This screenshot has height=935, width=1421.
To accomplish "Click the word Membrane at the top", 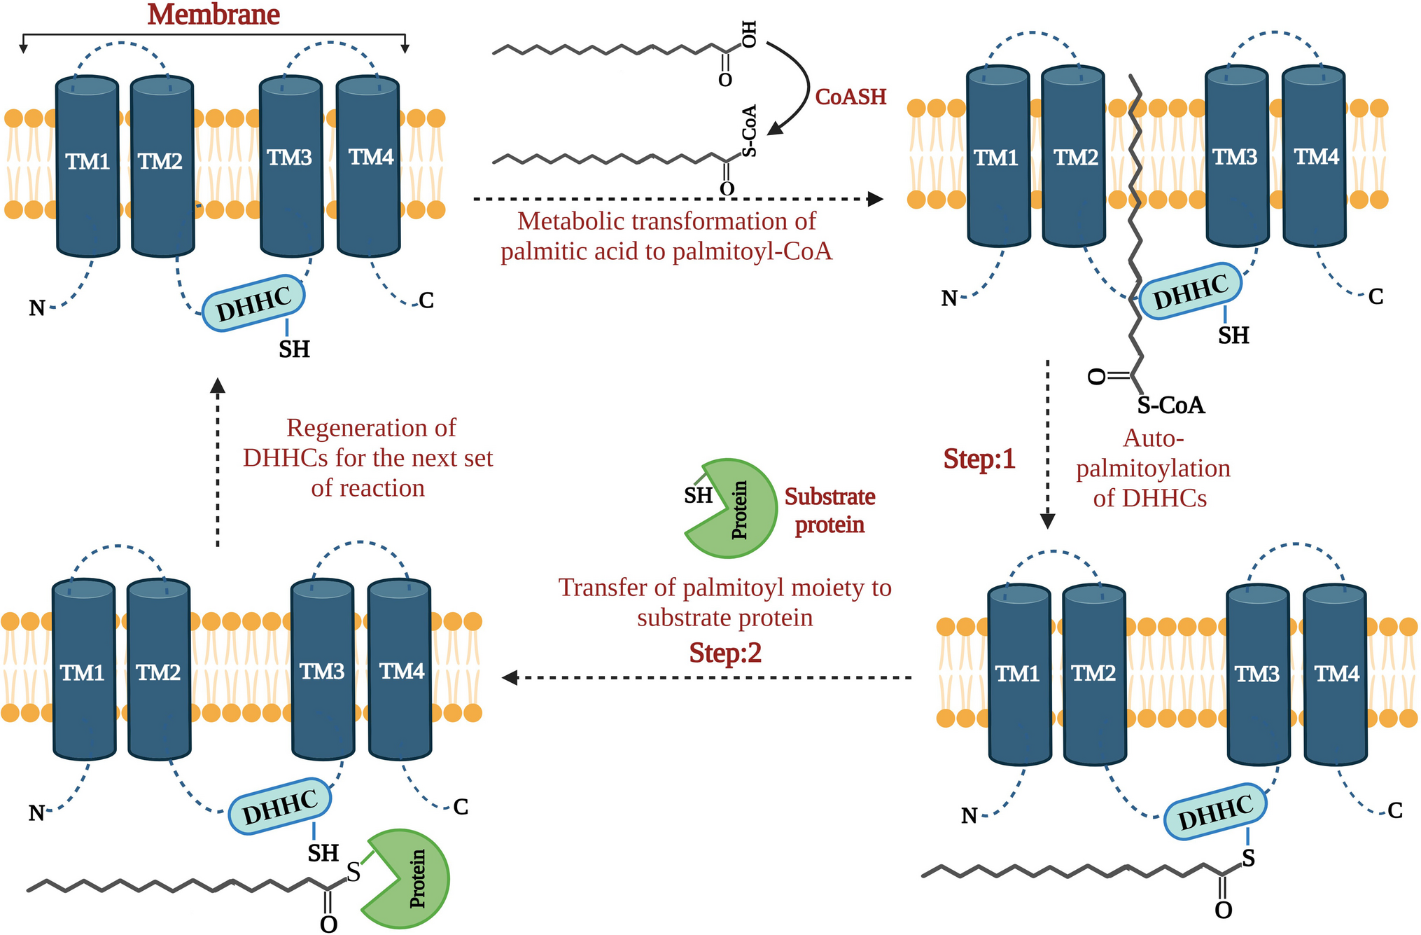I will pos(213,15).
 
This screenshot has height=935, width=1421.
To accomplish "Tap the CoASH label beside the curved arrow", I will pos(850,97).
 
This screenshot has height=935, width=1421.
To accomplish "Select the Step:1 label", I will pos(979,459).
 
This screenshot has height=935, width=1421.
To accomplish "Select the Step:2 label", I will pos(725,653).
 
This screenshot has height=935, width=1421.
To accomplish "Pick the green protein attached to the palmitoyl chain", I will pos(409,880).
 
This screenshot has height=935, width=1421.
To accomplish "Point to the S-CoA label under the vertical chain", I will pos(1170,406).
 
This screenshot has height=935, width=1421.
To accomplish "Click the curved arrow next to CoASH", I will pos(798,88).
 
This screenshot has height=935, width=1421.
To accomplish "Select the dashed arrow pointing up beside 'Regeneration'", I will pos(218,462).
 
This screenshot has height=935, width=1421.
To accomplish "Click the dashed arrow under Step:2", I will pos(707,677).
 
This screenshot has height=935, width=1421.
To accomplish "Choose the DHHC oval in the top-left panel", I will pos(253,303).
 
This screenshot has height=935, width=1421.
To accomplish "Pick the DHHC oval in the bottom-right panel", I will pos(1215,812).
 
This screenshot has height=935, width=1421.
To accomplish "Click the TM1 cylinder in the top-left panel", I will pos(87,167).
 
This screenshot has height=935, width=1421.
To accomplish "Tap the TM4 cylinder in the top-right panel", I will pos(1314,156).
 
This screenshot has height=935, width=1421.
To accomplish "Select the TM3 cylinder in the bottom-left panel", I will pos(323,670).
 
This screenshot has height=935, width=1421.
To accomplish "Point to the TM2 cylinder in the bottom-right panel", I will pos(1094,674).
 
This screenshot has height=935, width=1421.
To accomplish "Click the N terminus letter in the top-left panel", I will pos(36,308).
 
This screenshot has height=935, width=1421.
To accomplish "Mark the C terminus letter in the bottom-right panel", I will pos(1395,810).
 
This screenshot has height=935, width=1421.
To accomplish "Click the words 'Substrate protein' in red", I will pos(829,511).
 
